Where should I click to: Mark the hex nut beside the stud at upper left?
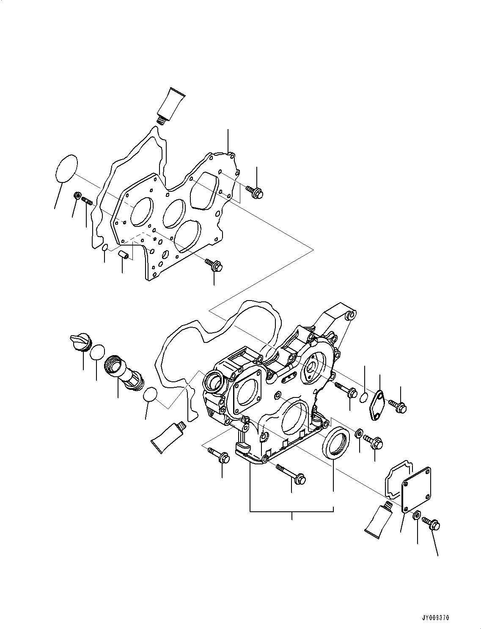77,196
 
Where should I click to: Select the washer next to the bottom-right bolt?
416,516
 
